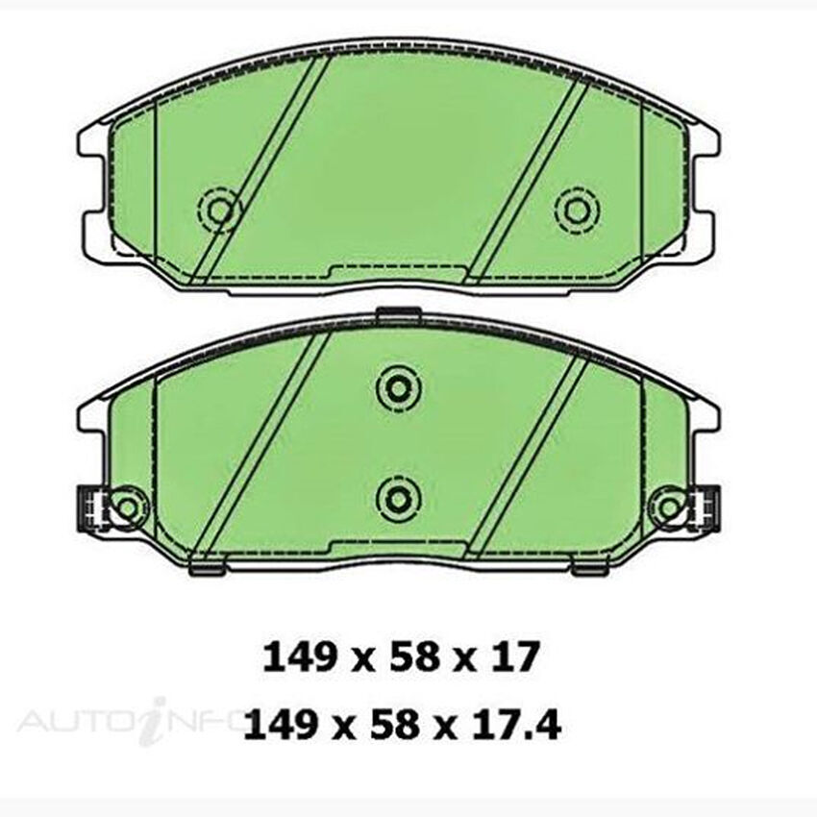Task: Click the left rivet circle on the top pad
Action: (220, 209)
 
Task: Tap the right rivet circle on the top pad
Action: (577, 209)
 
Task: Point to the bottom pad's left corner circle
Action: (127, 506)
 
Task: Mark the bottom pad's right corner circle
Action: (666, 506)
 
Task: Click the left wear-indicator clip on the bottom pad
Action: (89, 507)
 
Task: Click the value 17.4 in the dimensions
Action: (522, 724)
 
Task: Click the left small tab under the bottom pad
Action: (205, 570)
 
